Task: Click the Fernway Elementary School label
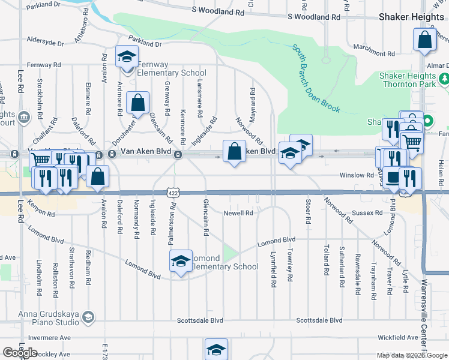[x=163, y=68]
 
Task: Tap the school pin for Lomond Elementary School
[x=181, y=262]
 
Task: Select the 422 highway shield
[x=172, y=192]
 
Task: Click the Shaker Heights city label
[x=411, y=17]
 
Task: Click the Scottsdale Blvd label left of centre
[x=200, y=321]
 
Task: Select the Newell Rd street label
[x=239, y=213]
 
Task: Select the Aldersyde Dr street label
[x=45, y=42]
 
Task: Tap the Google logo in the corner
[x=20, y=353]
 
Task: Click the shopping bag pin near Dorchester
[x=138, y=103]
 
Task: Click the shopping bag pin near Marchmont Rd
[x=424, y=40]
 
